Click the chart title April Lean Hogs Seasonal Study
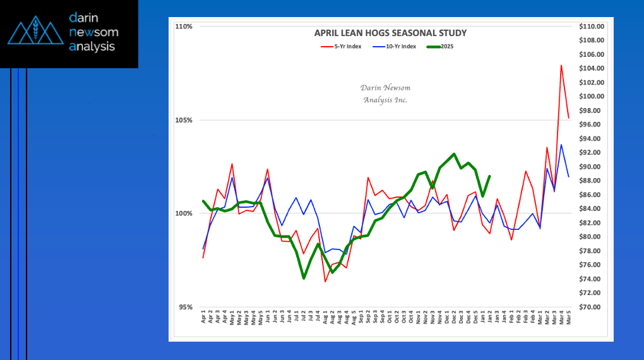(x=390, y=33)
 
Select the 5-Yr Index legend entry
(x=341, y=47)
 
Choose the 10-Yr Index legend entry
(x=394, y=47)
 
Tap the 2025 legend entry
(x=440, y=47)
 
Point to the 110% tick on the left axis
(x=184, y=27)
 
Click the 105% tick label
(x=184, y=120)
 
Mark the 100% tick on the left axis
(x=184, y=213)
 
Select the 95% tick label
(x=185, y=307)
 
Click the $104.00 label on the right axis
(x=592, y=68)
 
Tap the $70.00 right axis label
(x=592, y=307)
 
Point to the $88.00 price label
(x=592, y=181)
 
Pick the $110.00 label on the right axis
(x=592, y=27)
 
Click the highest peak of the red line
(x=561, y=65)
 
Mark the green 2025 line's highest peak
(x=454, y=154)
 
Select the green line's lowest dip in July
(x=304, y=279)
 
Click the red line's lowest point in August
(x=325, y=282)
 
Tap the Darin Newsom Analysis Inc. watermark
(x=385, y=93)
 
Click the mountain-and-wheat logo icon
(x=35, y=30)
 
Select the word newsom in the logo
(x=93, y=32)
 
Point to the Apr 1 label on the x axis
(x=203, y=317)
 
